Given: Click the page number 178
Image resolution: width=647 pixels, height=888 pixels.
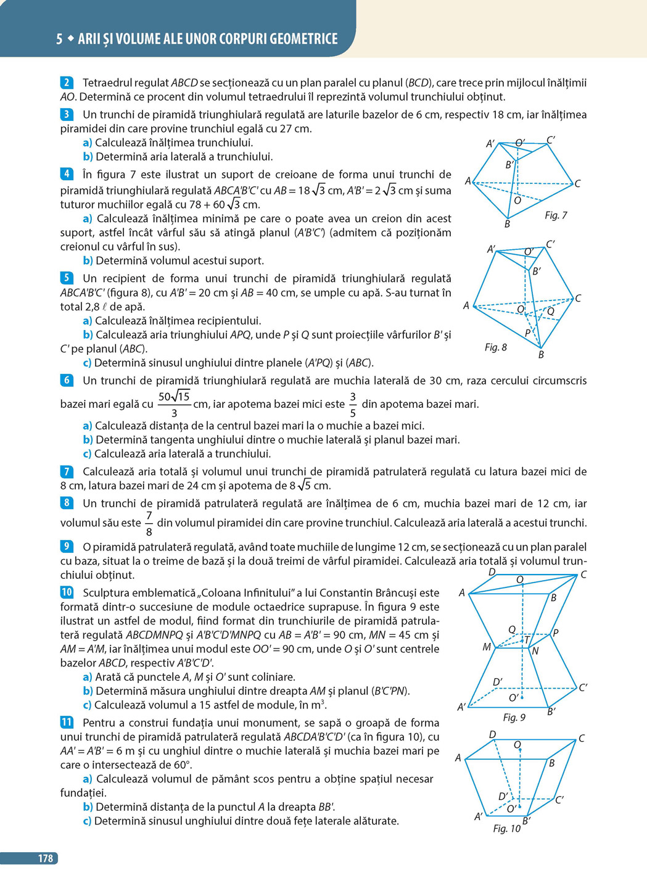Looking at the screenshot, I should (x=46, y=858).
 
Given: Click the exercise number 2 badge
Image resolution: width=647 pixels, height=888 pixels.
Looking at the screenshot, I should (x=67, y=83).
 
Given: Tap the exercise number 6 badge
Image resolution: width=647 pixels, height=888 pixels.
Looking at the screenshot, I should (x=67, y=381).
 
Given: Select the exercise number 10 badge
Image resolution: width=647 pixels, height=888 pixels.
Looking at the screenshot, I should (x=67, y=592).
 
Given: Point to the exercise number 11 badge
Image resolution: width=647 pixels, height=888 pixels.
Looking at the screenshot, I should (x=67, y=722).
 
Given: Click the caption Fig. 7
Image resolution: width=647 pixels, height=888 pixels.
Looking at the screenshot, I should (x=556, y=215).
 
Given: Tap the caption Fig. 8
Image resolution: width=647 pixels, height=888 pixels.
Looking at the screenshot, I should (x=495, y=347).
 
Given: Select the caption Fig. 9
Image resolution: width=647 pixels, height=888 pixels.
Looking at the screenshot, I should (x=514, y=717).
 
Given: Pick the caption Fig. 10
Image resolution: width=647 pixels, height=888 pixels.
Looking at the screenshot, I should (x=506, y=828).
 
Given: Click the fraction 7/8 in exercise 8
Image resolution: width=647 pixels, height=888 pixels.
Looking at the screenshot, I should (x=149, y=523).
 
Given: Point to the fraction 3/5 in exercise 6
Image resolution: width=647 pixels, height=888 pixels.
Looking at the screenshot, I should (x=353, y=405).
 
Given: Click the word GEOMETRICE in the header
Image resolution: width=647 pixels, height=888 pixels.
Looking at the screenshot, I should (x=295, y=39).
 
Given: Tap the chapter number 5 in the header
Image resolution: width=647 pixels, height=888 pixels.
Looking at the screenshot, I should (x=59, y=39).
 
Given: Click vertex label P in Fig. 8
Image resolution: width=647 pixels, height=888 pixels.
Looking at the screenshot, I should (x=527, y=333).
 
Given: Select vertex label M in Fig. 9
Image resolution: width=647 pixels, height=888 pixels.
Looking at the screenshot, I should (x=487, y=647).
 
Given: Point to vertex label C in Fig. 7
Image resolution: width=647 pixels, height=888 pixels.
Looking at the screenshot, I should (x=577, y=184).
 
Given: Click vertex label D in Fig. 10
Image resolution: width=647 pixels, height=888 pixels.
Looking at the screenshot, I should (x=492, y=735).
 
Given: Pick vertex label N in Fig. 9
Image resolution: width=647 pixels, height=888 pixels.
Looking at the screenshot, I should (x=535, y=651).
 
